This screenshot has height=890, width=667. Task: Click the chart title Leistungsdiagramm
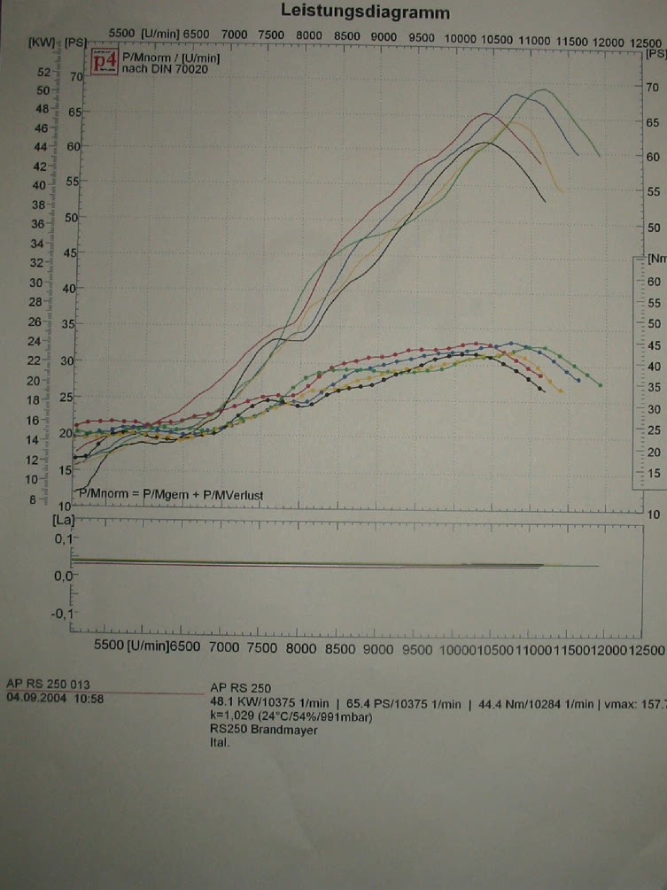pos(365,12)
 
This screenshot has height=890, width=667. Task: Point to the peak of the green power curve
pos(543,89)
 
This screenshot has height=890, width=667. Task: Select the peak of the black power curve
pos(485,142)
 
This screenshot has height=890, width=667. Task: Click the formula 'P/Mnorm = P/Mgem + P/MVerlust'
pos(173,494)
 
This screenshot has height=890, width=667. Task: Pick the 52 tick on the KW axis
pos(41,72)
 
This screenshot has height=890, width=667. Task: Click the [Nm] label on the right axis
pos(656,259)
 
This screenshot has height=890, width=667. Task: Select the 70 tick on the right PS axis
pos(652,88)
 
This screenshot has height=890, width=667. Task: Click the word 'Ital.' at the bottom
pos(221,743)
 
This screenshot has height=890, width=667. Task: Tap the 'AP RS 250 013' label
pos(48,685)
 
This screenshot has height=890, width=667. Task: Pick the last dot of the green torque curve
pos(601,385)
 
